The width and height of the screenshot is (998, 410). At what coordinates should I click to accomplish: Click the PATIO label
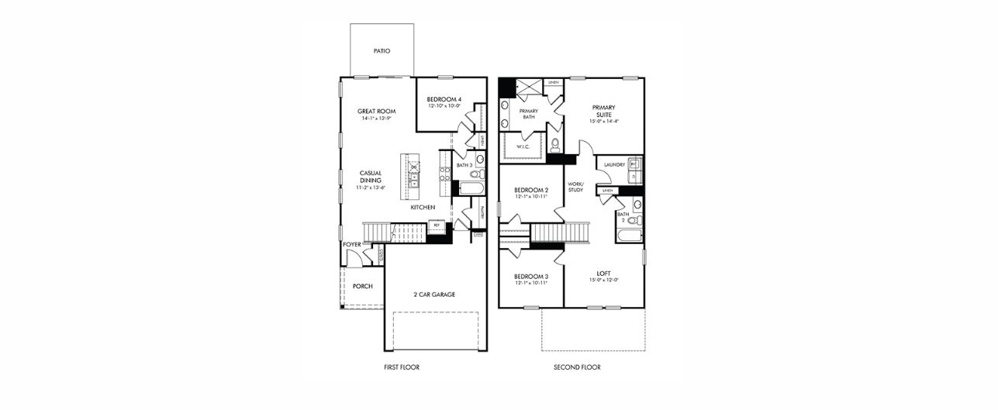(381, 51)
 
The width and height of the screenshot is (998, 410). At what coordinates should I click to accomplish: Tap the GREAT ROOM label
(377, 111)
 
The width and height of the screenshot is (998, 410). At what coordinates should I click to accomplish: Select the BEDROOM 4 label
(444, 99)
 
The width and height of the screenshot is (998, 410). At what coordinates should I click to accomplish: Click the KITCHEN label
(423, 208)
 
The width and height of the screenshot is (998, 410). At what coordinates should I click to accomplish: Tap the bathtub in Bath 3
(471, 188)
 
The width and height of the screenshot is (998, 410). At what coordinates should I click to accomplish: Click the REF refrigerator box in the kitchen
(437, 226)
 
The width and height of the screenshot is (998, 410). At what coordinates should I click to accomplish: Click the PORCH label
(362, 286)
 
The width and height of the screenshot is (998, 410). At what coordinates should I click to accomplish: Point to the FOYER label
(352, 245)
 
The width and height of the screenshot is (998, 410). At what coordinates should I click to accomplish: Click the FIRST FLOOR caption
(402, 367)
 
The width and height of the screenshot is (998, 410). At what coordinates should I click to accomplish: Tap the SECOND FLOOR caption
(577, 367)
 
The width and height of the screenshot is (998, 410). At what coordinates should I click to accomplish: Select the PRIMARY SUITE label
(603, 111)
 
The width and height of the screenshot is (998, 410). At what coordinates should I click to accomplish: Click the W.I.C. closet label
(523, 146)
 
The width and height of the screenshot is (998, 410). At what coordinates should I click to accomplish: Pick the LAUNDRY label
(614, 164)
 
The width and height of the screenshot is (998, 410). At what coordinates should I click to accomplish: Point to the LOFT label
(603, 273)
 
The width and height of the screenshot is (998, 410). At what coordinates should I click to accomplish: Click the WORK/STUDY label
(575, 187)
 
